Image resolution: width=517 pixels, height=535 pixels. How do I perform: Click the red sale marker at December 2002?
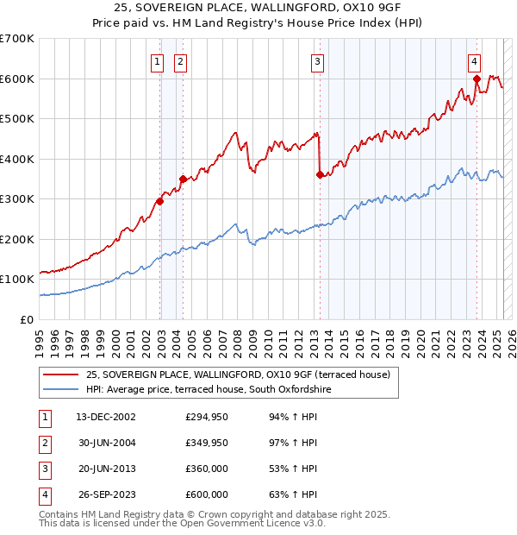(x=159, y=201)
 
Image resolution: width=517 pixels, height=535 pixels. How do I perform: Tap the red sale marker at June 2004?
(x=183, y=179)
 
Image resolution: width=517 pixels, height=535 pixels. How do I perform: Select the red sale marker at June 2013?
(x=320, y=175)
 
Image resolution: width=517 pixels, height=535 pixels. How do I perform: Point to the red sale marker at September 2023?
(x=477, y=79)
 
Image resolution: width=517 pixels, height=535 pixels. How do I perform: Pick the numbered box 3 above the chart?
(x=318, y=61)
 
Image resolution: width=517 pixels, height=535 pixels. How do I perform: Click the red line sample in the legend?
(x=61, y=374)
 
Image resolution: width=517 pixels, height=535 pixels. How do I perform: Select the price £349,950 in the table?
(x=207, y=444)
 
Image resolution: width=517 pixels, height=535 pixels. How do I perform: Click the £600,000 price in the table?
(x=207, y=495)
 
